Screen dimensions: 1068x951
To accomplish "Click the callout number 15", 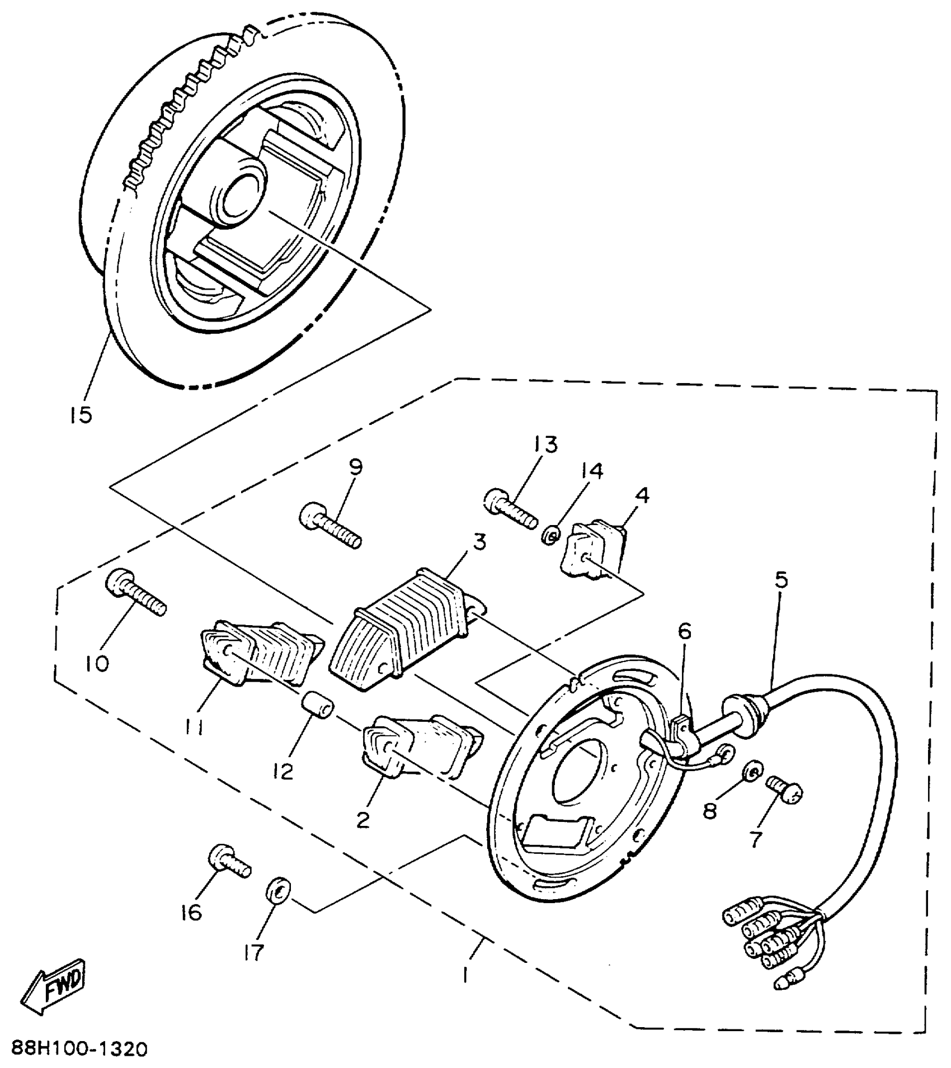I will (82, 415).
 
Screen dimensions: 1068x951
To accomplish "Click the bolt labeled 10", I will (134, 597).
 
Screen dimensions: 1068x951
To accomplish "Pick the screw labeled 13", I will (508, 508).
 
